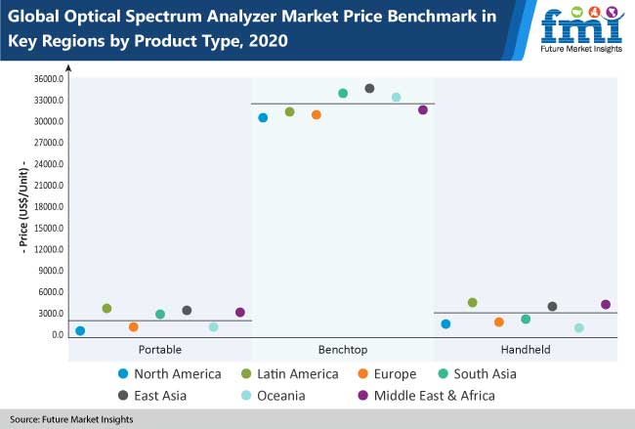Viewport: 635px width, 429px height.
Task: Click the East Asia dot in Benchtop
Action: (x=369, y=88)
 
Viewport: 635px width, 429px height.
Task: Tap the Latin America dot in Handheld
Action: (x=473, y=302)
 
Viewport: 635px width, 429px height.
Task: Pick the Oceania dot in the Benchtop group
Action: (x=396, y=97)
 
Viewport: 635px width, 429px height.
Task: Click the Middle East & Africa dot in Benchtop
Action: (x=423, y=109)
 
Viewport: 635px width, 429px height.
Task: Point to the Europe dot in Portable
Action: (x=134, y=326)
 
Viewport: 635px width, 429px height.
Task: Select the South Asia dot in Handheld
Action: (x=526, y=319)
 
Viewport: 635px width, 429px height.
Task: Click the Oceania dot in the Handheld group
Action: (x=579, y=327)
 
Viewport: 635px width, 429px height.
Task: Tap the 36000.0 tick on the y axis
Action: (x=48, y=79)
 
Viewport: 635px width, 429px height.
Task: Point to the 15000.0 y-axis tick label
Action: (x=48, y=228)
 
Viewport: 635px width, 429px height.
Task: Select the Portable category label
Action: (x=160, y=349)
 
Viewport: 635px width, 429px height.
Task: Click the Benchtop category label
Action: (x=343, y=349)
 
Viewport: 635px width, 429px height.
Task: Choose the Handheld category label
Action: (x=527, y=349)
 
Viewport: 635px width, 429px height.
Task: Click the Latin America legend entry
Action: (x=282, y=373)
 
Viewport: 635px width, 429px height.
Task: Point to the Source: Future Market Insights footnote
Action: (x=72, y=419)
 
